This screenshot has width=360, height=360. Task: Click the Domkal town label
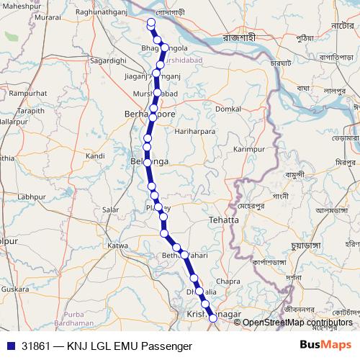pos(228,109)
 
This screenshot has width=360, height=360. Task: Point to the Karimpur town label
pos(250,149)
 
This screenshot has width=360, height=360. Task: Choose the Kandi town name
pos(95,156)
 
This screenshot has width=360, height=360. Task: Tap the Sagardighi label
pos(108,61)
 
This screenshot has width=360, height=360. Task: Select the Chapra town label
pos(228,281)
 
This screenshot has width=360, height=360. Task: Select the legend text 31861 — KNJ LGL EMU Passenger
pos(107,346)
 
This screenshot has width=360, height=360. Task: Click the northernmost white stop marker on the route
pos(151,22)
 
